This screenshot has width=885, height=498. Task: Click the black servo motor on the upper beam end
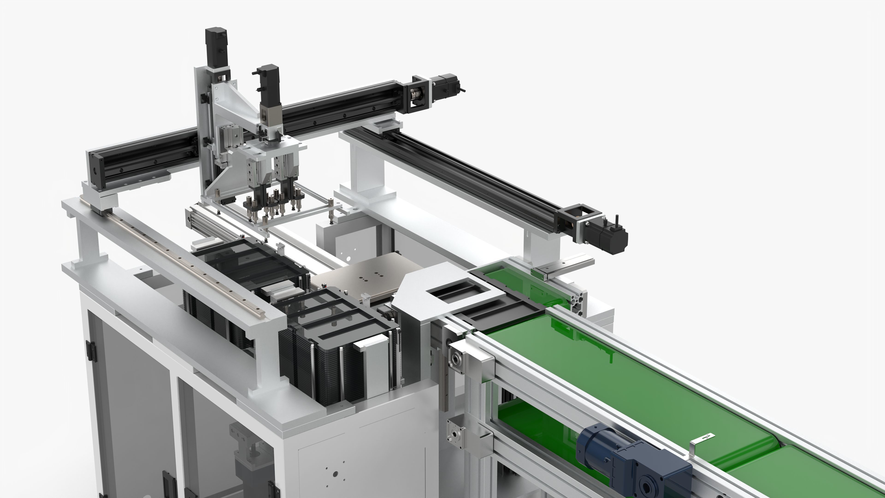[x=447, y=87]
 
